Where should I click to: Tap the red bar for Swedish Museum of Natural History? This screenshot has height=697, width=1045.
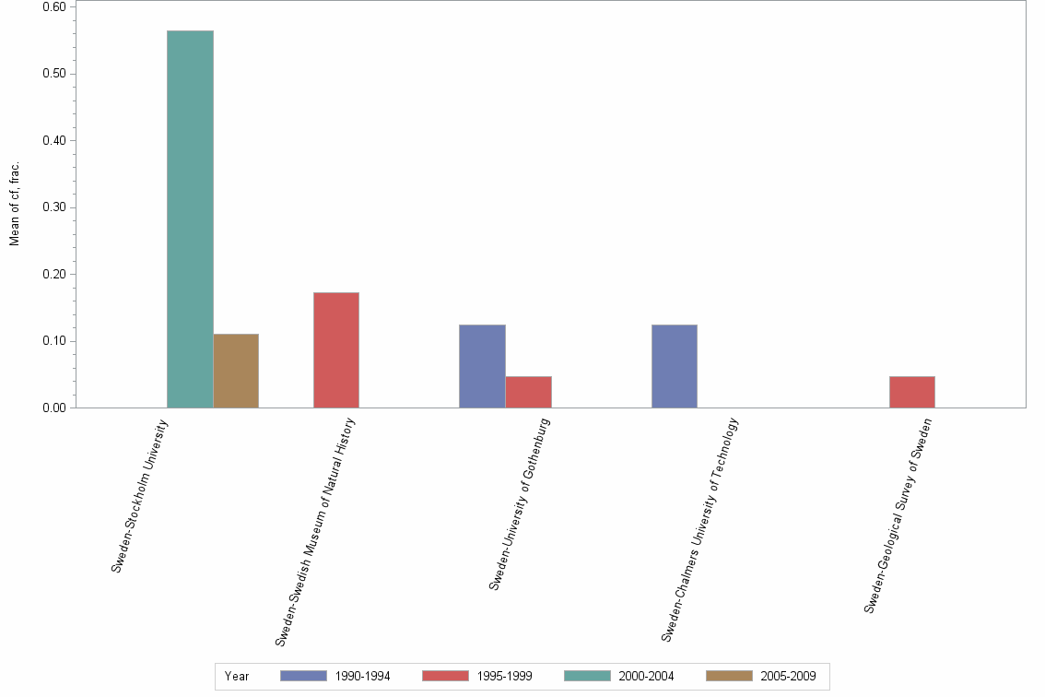tap(336, 350)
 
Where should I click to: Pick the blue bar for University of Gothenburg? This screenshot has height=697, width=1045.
tap(482, 366)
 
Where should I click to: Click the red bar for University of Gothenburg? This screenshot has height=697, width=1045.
tap(528, 392)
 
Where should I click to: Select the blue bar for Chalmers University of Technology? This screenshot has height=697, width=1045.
tap(674, 366)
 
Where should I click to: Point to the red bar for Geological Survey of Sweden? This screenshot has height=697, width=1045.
tap(911, 392)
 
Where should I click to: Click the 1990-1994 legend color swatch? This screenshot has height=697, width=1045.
tap(303, 676)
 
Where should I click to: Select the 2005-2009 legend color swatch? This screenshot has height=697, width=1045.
tap(729, 676)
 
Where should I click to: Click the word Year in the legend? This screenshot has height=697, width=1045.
tap(237, 676)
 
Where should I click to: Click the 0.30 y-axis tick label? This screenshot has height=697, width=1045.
tap(53, 207)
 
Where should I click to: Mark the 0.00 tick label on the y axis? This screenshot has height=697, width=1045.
tap(53, 408)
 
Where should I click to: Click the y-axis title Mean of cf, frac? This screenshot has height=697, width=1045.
tap(15, 205)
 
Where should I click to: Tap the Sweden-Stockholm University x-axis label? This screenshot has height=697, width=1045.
tap(141, 496)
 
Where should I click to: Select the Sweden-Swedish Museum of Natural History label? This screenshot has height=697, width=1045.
tap(316, 530)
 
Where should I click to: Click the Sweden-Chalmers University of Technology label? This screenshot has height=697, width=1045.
tap(700, 529)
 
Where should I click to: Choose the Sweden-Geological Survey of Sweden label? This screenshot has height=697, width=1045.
tap(898, 515)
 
